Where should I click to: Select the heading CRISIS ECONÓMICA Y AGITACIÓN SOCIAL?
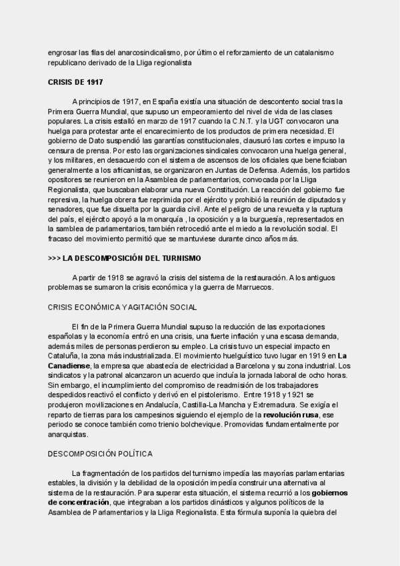pos(121,307)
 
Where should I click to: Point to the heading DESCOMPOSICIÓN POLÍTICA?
pos(101,454)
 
